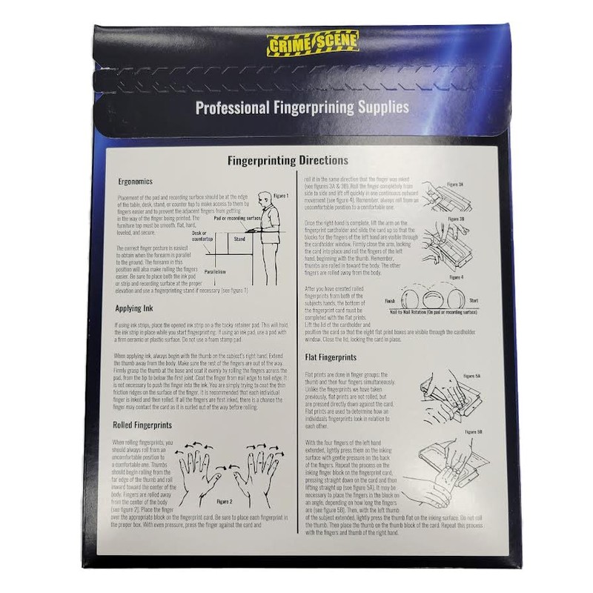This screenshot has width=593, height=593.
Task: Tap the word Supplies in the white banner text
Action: coord(381,107)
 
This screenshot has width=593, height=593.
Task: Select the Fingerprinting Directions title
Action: coord(287,160)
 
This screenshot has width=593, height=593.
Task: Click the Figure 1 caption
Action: coord(279,195)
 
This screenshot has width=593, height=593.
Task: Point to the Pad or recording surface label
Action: coord(239,219)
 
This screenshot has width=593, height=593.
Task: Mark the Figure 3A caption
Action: coord(455,184)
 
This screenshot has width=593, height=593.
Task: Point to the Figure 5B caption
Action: coord(474,431)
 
